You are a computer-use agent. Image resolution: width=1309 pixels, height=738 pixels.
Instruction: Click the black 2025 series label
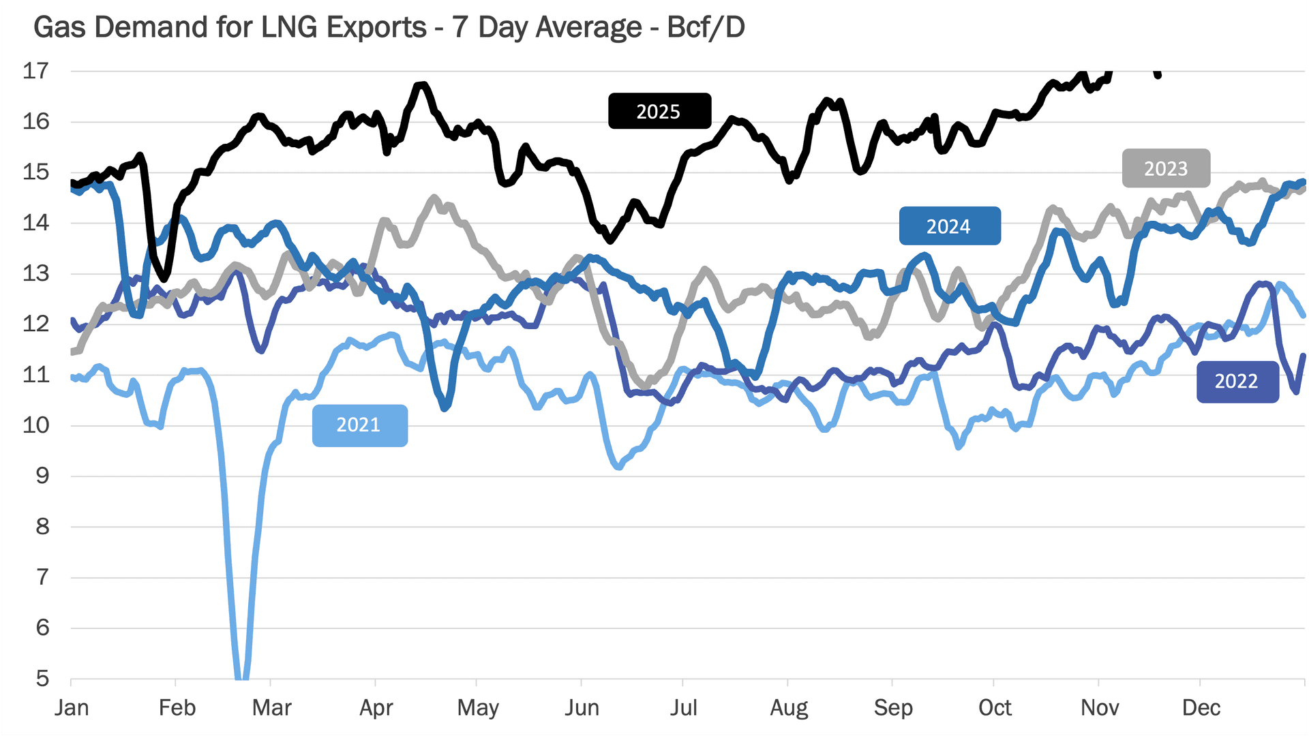(659, 111)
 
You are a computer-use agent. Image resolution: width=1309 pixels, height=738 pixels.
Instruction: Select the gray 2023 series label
(1166, 168)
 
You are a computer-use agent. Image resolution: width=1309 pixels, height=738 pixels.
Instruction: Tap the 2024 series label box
(949, 226)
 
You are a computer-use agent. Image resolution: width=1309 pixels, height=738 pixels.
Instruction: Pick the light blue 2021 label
(359, 425)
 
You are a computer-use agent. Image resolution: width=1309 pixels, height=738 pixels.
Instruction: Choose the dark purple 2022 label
(1237, 382)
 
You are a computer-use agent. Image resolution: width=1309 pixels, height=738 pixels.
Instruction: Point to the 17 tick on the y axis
(36, 71)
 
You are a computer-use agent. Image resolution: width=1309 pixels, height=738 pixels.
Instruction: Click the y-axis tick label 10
(36, 425)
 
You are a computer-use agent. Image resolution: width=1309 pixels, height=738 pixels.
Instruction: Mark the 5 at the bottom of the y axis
(42, 678)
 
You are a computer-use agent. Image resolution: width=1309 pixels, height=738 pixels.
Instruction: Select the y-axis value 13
(36, 273)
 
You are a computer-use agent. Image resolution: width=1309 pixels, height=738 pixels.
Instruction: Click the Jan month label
(72, 708)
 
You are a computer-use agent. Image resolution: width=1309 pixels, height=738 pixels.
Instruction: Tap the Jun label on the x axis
(582, 708)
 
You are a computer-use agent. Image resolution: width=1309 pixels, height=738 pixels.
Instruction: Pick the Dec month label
(1201, 708)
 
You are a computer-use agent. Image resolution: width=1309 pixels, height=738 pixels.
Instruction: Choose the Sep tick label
(893, 708)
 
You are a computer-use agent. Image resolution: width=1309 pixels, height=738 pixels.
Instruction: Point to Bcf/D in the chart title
(706, 28)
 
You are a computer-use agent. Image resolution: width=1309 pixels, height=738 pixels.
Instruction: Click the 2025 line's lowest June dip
(610, 240)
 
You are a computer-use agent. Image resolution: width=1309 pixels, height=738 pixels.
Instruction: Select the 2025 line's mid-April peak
(421, 85)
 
